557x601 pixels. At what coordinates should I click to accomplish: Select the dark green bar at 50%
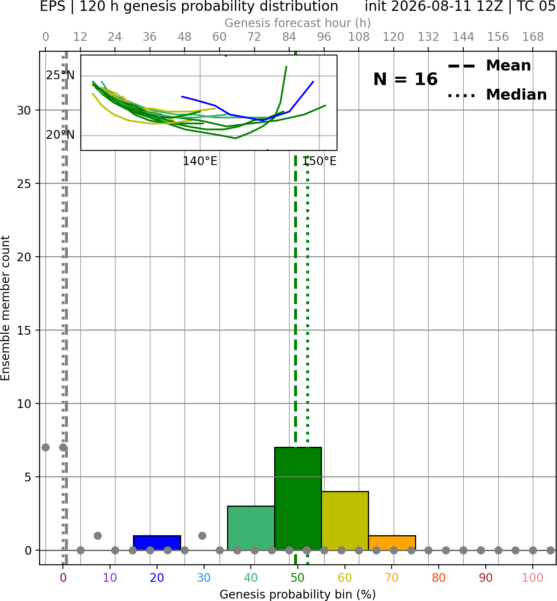pos(298,498)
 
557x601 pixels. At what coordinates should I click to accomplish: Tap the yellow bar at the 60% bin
pos(345,521)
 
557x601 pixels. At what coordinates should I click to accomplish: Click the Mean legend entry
pos(489,66)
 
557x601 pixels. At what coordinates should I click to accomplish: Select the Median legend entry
pos(497,95)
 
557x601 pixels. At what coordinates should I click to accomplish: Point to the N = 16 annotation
pos(405,79)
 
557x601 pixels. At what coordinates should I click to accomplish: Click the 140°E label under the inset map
pos(200,161)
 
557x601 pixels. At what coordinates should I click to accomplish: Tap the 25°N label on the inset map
pos(60,75)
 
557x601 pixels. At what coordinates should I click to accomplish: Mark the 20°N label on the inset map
pos(60,135)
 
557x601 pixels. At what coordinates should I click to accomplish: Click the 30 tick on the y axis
pos(24,110)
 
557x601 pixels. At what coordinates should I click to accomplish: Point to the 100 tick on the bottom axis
pos(533,578)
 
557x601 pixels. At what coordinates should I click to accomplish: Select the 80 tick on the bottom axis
pos(439,578)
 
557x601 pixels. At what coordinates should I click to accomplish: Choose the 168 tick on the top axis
pos(533,37)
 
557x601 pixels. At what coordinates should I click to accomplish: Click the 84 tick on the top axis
pos(289,37)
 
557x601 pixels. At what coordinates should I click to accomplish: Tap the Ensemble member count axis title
pos(5,308)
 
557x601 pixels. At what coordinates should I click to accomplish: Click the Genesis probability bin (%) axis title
pos(298,594)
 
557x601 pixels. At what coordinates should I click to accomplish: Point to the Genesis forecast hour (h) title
pos(298,23)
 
